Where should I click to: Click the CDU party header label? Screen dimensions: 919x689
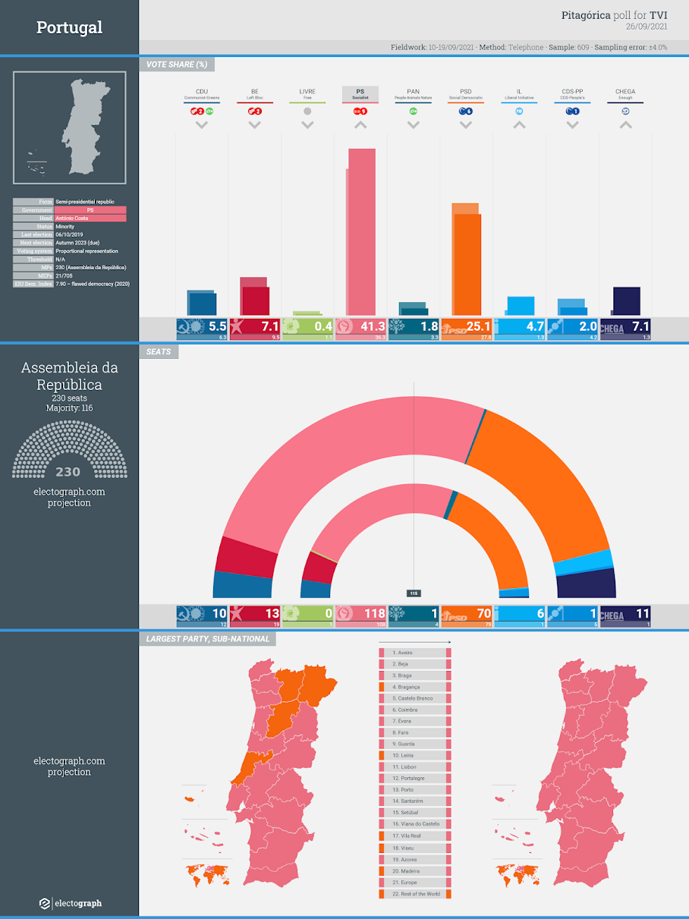202,92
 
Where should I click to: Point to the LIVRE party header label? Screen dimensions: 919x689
307,92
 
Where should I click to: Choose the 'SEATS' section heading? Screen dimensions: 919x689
159,352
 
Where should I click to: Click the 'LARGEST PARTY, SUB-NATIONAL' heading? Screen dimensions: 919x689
207,639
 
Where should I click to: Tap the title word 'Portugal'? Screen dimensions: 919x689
69,28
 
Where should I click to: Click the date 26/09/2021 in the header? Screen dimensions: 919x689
647,27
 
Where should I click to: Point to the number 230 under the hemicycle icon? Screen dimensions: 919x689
68,472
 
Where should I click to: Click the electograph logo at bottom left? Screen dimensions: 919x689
70,903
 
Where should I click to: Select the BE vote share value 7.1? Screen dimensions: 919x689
270,327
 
